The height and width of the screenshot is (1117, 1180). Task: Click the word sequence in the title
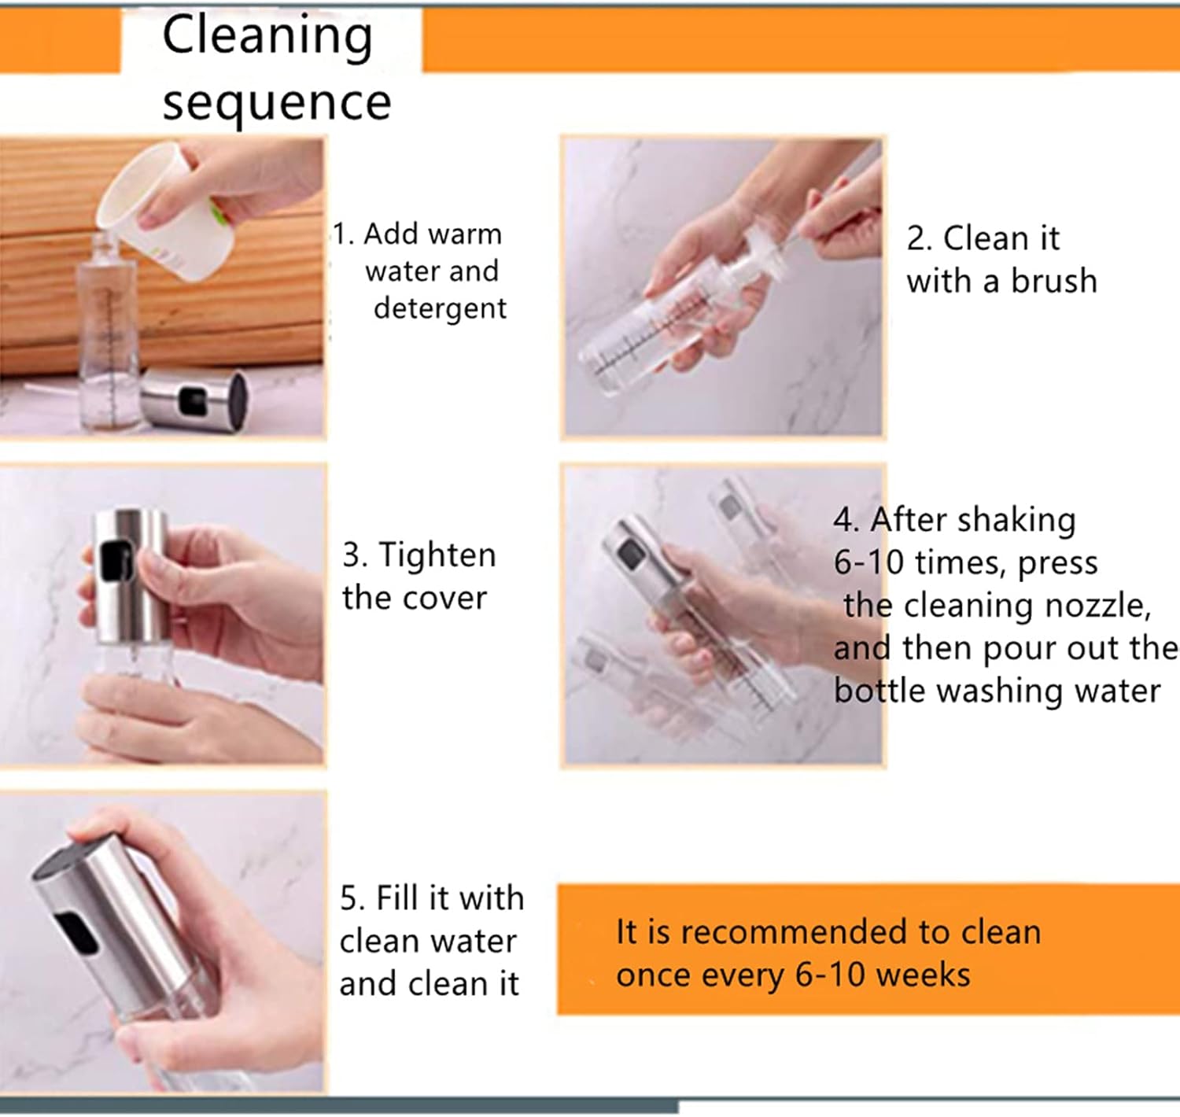point(277,103)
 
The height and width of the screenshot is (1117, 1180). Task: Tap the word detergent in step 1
point(440,309)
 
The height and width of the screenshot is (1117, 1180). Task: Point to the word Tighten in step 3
point(437,556)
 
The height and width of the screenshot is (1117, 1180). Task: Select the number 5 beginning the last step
point(350,898)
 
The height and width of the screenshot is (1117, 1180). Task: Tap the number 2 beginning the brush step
point(918,239)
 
